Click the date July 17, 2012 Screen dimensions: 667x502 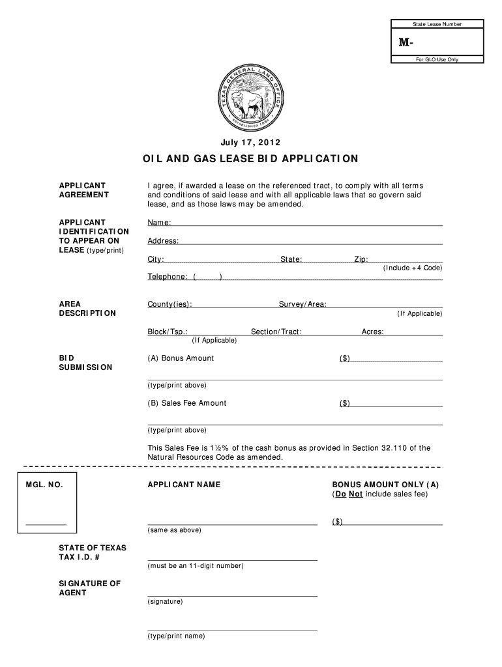pyautogui.click(x=251, y=142)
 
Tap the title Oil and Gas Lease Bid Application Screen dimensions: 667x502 pyautogui.click(x=251, y=159)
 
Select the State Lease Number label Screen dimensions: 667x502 pyautogui.click(x=437, y=24)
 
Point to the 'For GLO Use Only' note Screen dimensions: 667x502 pyautogui.click(x=437, y=59)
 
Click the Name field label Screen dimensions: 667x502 pyautogui.click(x=159, y=223)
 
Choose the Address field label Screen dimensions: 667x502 pyautogui.click(x=163, y=241)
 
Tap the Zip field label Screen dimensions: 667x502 pyautogui.click(x=361, y=259)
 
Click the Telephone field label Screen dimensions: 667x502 pyautogui.click(x=168, y=277)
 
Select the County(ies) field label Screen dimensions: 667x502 pyautogui.click(x=170, y=304)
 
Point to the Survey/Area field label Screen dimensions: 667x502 pyautogui.click(x=303, y=304)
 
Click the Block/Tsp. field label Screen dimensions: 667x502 pyautogui.click(x=168, y=332)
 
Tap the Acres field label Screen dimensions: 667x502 pyautogui.click(x=373, y=332)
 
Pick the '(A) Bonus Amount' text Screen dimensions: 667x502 pyautogui.click(x=181, y=358)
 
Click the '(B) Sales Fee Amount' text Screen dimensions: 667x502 pyautogui.click(x=187, y=403)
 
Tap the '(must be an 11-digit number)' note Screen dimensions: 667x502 pyautogui.click(x=196, y=566)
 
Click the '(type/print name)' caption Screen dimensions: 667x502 pyautogui.click(x=176, y=636)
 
